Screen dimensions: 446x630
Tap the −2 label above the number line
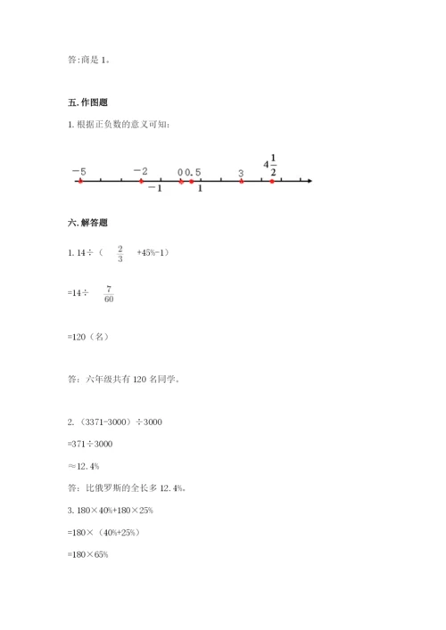point(140,171)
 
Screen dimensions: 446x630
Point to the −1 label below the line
point(154,189)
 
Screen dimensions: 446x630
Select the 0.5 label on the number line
point(193,171)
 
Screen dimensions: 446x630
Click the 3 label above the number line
point(241,172)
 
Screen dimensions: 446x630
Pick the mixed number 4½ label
point(270,165)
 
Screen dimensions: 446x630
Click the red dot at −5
point(79,181)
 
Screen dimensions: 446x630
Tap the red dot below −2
point(141,181)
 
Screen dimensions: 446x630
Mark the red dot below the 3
point(242,181)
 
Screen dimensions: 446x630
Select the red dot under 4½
point(273,181)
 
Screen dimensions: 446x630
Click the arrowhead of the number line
point(308,181)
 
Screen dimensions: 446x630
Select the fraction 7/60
point(109,295)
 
